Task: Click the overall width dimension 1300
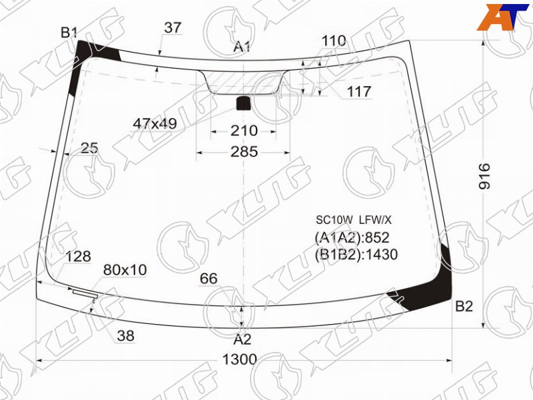239,359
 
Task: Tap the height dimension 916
485,176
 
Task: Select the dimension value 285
244,152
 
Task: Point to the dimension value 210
244,131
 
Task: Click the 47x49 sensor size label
155,124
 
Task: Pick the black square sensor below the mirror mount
243,103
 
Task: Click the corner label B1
69,33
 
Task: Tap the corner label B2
464,307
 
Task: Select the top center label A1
242,47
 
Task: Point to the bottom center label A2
243,339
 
